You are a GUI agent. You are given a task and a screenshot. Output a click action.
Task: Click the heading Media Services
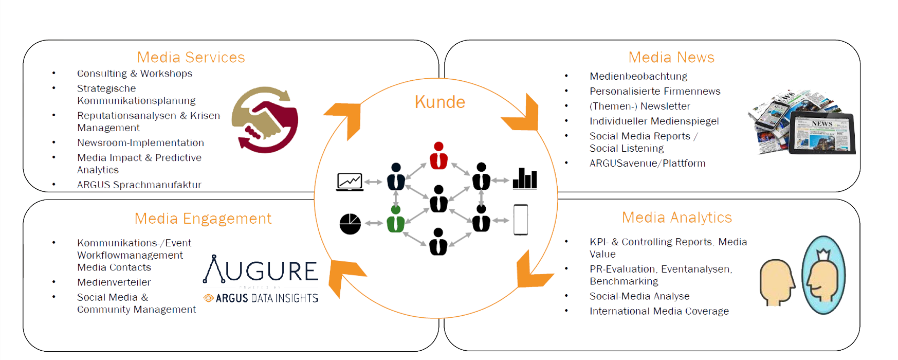click(x=191, y=57)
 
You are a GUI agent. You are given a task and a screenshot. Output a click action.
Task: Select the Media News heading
click(x=671, y=57)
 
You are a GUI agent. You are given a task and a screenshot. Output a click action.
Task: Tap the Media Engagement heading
click(x=203, y=219)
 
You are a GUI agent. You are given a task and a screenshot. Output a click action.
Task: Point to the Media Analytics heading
click(x=677, y=218)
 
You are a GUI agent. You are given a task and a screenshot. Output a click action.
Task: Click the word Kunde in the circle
click(x=440, y=102)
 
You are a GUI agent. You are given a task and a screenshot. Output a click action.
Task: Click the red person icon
click(x=438, y=155)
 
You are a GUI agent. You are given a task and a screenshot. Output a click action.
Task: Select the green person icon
click(x=396, y=219)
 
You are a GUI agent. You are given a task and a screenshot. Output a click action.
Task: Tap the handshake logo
click(x=265, y=120)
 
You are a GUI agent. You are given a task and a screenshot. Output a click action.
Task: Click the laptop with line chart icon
click(x=350, y=182)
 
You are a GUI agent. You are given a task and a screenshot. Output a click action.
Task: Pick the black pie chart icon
click(x=350, y=224)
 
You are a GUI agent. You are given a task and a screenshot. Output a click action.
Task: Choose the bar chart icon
click(x=525, y=178)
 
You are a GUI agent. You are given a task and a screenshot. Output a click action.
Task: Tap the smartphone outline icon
click(x=521, y=220)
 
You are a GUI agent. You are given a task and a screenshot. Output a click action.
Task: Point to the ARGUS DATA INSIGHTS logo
click(x=261, y=298)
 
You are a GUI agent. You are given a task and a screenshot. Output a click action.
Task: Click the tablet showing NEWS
click(x=822, y=133)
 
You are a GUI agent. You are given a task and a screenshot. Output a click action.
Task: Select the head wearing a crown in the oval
click(x=823, y=275)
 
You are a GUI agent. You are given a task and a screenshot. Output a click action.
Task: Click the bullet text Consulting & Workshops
click(x=135, y=74)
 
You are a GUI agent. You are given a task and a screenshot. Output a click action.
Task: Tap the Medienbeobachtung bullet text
click(x=638, y=76)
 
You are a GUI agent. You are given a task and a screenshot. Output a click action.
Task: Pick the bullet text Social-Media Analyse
click(x=639, y=296)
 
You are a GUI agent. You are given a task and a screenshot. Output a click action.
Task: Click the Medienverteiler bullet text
click(x=114, y=282)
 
